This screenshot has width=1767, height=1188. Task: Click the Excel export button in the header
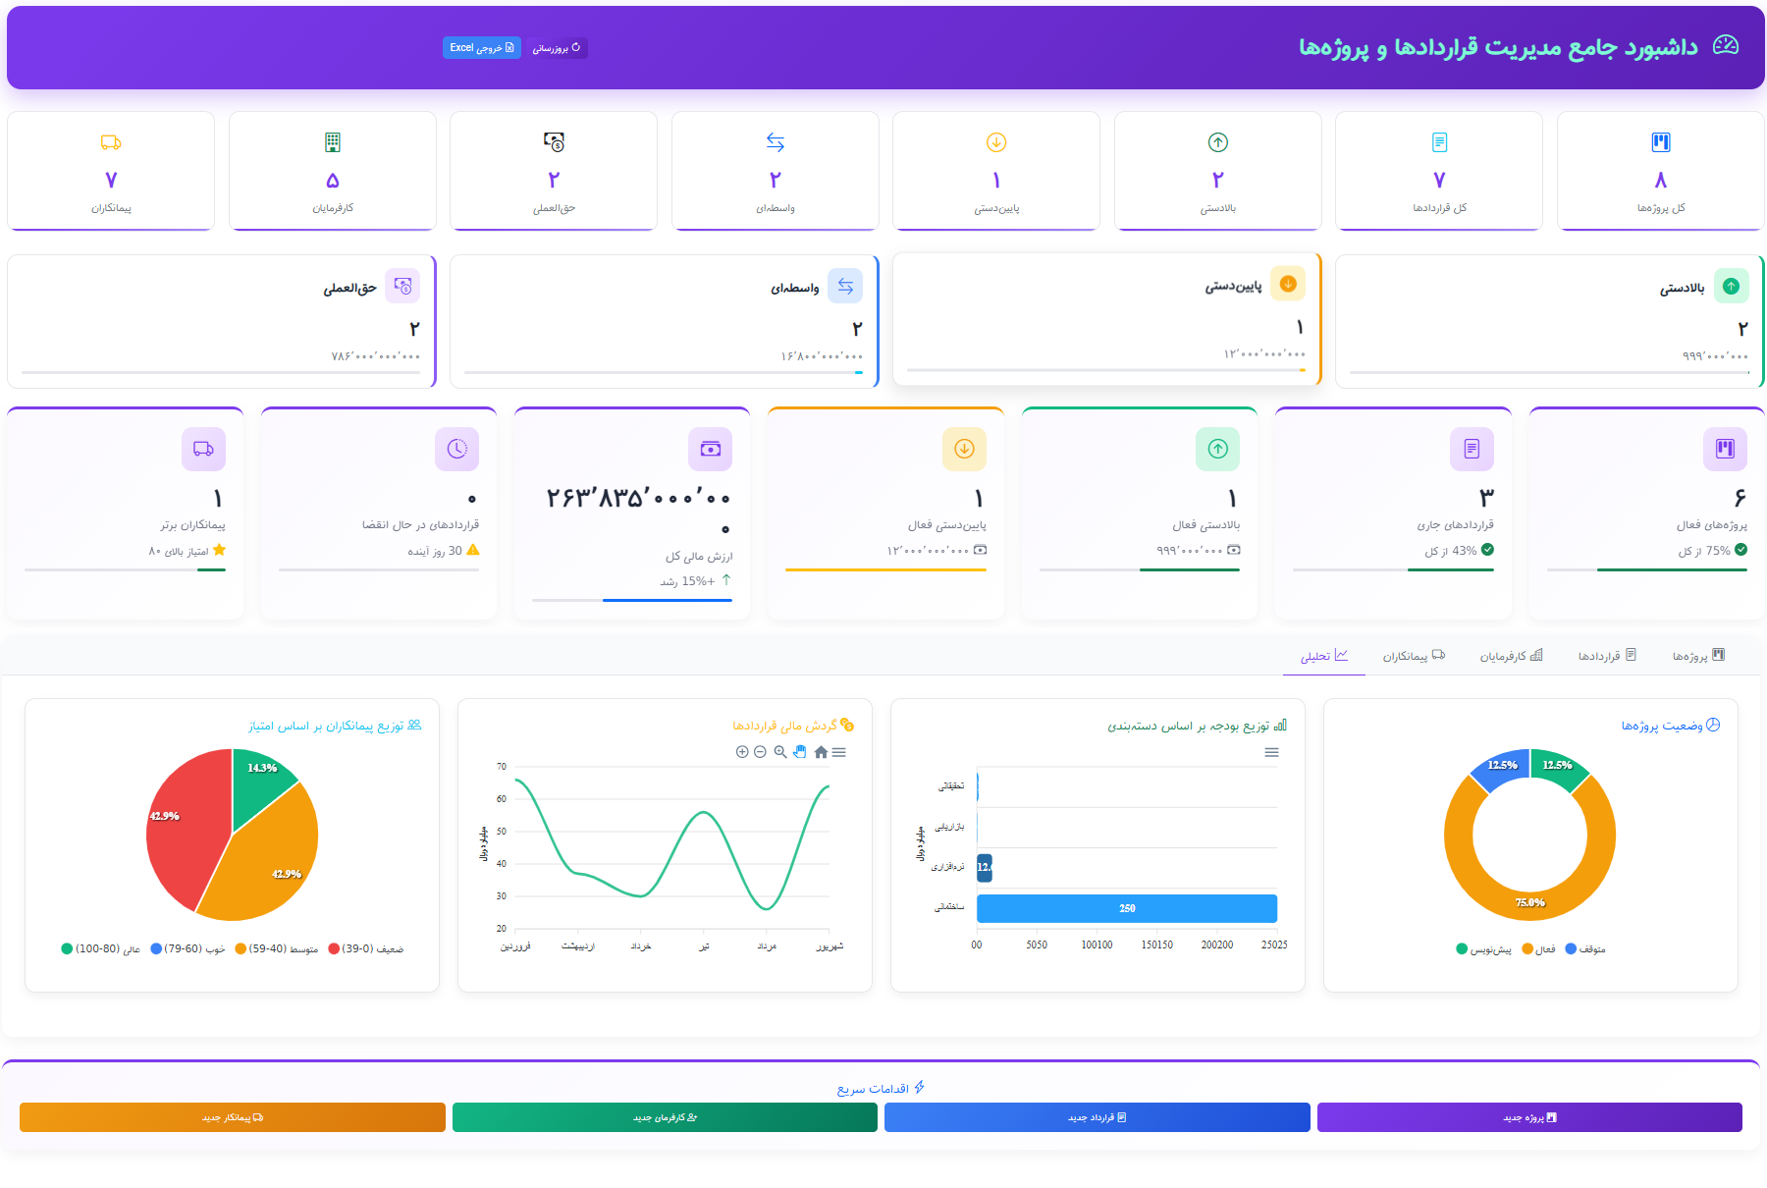(x=481, y=47)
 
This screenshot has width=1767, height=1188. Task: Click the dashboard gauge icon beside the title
(x=1725, y=45)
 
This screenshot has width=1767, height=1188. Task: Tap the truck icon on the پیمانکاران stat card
(x=111, y=142)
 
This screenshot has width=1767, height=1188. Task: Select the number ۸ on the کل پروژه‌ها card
(x=1660, y=180)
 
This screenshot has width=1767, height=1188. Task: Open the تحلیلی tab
(x=1324, y=656)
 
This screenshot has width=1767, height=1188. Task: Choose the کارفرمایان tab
(x=1511, y=656)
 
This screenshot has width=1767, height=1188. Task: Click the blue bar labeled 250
(x=1126, y=908)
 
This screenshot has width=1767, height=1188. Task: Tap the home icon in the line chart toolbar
(x=821, y=752)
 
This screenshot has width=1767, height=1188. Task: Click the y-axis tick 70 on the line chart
(x=502, y=767)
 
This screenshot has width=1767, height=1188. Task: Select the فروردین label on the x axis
(x=515, y=946)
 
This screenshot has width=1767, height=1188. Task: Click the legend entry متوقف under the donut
(x=1585, y=949)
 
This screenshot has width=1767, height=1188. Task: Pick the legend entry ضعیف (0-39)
(x=366, y=949)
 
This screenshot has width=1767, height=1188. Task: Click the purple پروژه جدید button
(x=1528, y=1117)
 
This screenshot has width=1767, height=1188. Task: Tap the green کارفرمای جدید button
(x=665, y=1117)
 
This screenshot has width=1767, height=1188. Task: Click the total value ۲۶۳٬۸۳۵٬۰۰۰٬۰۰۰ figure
(x=638, y=500)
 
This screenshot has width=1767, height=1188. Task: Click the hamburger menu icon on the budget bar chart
(x=1271, y=752)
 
